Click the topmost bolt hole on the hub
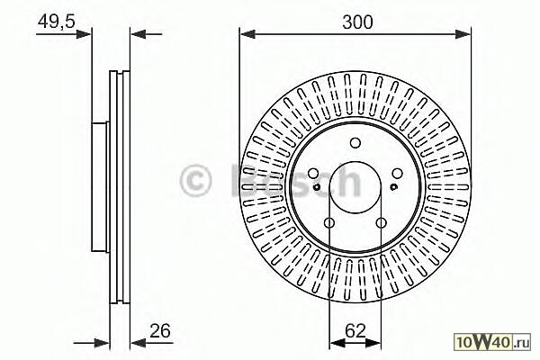coord(355,141)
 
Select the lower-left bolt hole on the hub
coord(328,224)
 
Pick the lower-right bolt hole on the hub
coord(381,224)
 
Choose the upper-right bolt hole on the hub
coord(398,173)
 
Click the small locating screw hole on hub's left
coord(318,187)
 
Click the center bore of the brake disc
coord(355,187)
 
